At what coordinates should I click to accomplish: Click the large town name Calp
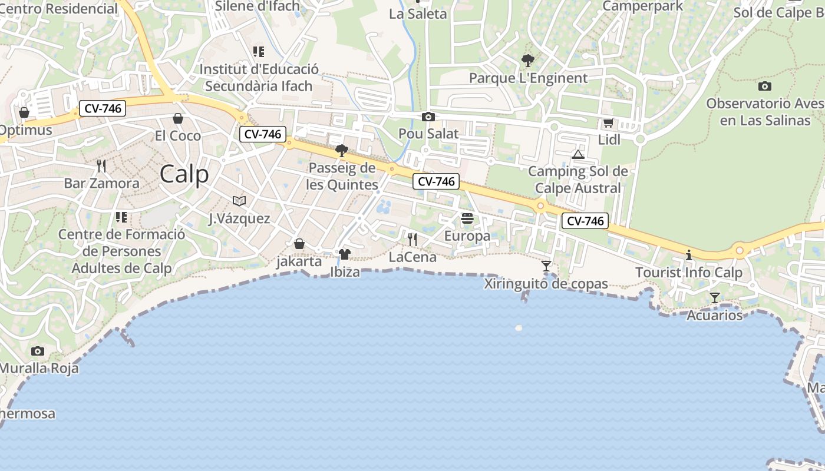(184, 174)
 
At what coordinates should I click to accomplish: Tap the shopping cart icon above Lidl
(608, 123)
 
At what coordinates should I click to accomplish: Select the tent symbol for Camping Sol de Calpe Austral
(578, 154)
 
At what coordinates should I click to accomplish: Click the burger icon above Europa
(467, 218)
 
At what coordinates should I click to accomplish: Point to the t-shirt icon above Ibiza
(345, 254)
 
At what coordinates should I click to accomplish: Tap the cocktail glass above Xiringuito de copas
(546, 266)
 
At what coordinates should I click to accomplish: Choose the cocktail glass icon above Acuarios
(715, 298)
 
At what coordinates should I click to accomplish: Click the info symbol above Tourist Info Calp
(688, 255)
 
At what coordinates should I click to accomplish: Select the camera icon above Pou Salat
(428, 117)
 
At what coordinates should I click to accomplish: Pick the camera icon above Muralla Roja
(38, 351)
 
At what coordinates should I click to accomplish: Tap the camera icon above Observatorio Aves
(765, 86)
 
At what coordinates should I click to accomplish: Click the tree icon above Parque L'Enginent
(528, 60)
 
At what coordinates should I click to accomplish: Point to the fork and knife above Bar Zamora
(101, 166)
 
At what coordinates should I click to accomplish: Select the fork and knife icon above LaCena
(412, 239)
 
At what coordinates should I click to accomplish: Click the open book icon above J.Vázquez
(239, 201)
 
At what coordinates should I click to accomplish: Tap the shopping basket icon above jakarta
(299, 244)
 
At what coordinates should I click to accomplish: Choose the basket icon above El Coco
(178, 118)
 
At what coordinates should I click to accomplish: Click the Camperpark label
(642, 6)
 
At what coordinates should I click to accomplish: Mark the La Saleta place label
(418, 14)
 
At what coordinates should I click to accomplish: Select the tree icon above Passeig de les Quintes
(341, 151)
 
